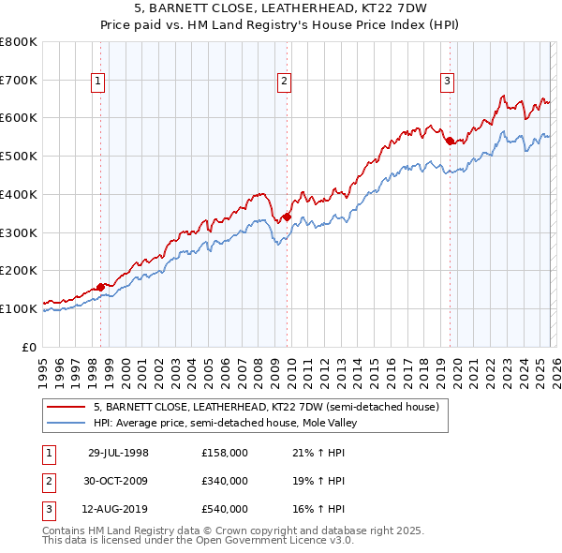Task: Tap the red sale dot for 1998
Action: pyautogui.click(x=101, y=287)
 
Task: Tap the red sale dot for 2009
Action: pyautogui.click(x=287, y=217)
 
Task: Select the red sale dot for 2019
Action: pyautogui.click(x=450, y=141)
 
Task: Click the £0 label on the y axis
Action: pyautogui.click(x=30, y=347)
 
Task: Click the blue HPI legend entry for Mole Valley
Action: pyautogui.click(x=225, y=423)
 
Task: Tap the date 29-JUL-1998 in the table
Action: pyautogui.click(x=118, y=453)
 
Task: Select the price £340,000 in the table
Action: pyautogui.click(x=225, y=481)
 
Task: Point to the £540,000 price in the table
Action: pyautogui.click(x=225, y=509)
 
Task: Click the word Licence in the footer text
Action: pyautogui.click(x=300, y=541)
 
